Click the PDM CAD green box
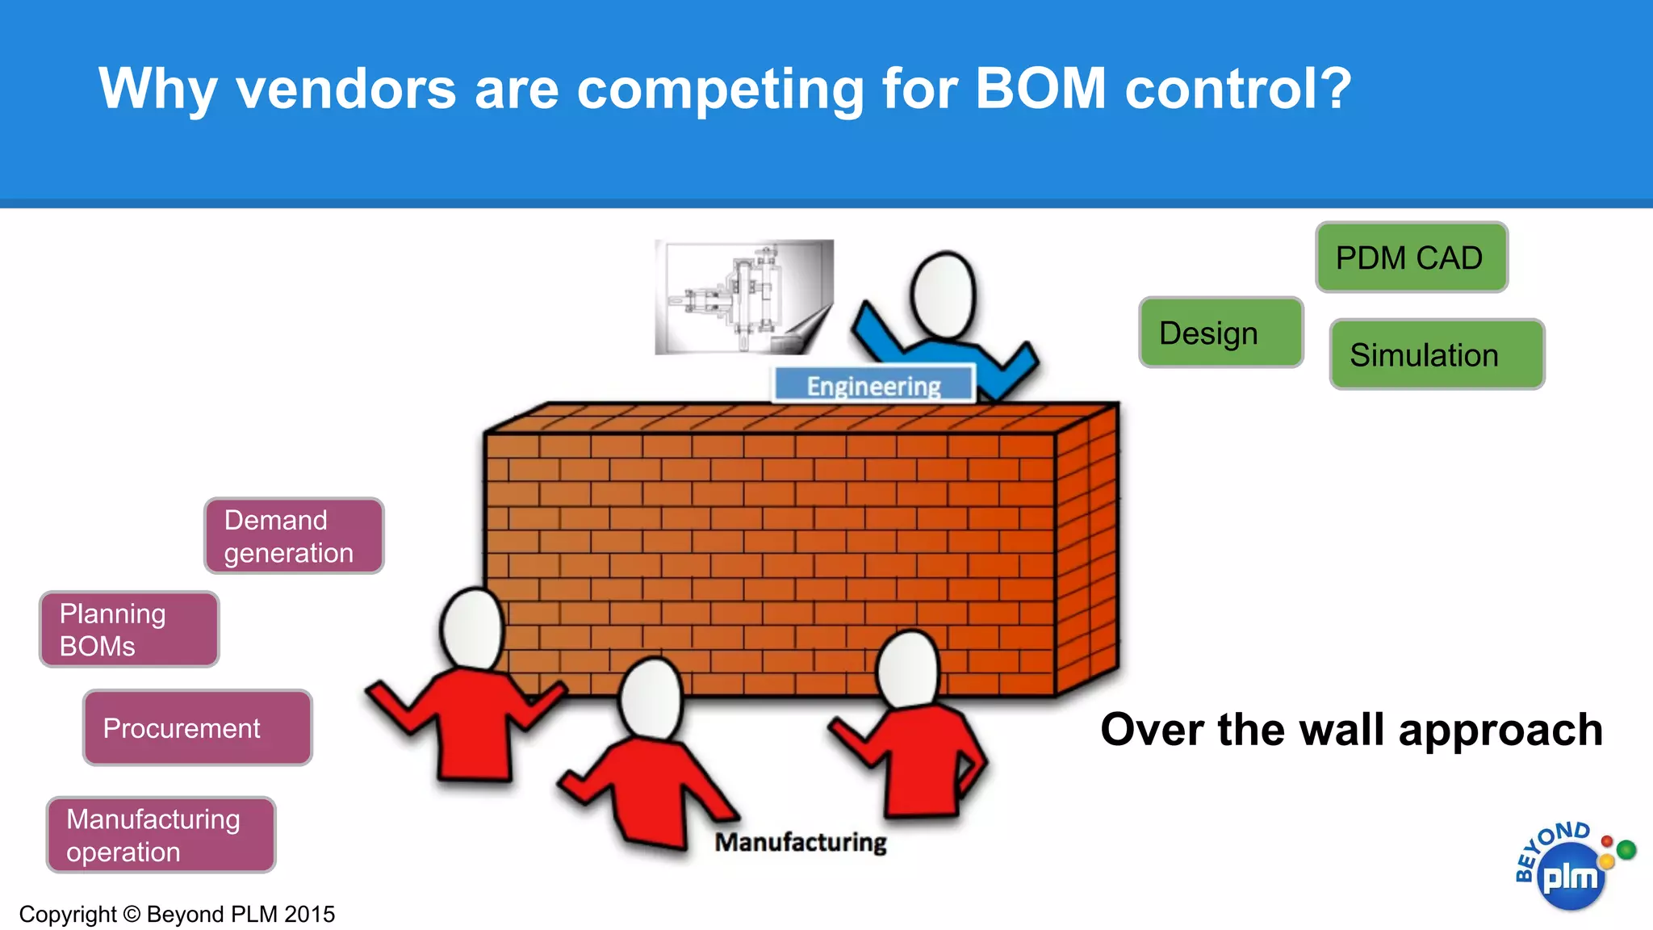[1411, 258]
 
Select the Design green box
[1220, 333]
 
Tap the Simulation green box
[1437, 354]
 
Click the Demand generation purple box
[294, 536]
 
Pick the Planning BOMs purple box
[129, 630]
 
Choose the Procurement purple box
[197, 727]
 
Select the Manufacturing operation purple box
[161, 835]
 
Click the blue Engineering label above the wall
[874, 385]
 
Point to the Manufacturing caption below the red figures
[800, 842]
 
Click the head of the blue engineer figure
[943, 295]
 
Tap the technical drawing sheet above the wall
[743, 297]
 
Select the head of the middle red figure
[651, 699]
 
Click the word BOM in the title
[1040, 88]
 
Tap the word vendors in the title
[345, 88]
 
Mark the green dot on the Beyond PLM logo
[1626, 849]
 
